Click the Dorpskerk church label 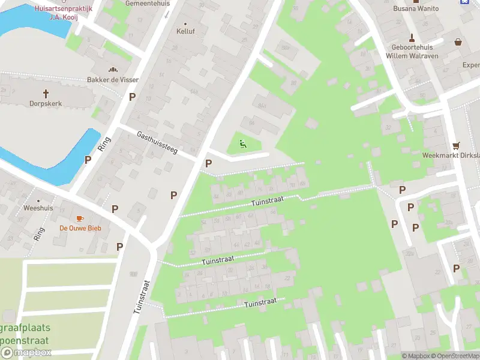[46, 103]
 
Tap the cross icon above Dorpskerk [46, 93]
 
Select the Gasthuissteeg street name [157, 143]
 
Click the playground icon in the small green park [242, 143]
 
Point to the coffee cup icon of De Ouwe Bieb [80, 218]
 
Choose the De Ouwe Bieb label [80, 228]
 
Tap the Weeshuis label [38, 208]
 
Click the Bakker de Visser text [112, 80]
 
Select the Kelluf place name [185, 31]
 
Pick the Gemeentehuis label [148, 3]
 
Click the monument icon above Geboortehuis [412, 37]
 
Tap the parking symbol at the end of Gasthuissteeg [208, 163]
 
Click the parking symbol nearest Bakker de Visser [132, 97]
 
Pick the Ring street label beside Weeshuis [40, 233]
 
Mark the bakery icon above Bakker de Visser [112, 70]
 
